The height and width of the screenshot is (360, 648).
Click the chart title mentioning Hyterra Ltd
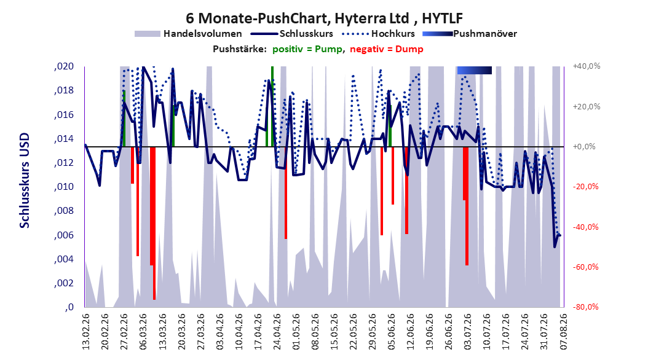click(324, 18)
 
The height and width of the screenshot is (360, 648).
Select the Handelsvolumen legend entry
click(188, 34)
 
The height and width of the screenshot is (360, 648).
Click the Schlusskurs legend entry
click(292, 34)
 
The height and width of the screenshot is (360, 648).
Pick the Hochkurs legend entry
click(377, 34)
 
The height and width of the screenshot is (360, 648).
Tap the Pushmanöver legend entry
click(470, 34)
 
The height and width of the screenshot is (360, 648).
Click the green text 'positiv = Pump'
click(307, 49)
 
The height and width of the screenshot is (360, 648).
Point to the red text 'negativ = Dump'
click(387, 49)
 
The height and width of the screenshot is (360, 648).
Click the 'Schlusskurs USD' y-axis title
click(25, 181)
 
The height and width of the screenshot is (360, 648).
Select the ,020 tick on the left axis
click(64, 66)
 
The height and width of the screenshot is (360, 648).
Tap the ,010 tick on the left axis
click(64, 187)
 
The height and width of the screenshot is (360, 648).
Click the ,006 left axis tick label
click(64, 235)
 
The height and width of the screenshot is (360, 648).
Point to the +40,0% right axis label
click(587, 66)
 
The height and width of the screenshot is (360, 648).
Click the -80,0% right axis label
click(585, 307)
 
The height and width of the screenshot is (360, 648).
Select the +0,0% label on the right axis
click(584, 147)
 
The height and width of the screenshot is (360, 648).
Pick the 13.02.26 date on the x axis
click(86, 332)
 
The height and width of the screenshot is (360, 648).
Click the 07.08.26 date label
click(563, 332)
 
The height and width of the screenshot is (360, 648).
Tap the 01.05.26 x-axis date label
click(296, 332)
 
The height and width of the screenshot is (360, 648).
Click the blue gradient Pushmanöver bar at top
click(475, 70)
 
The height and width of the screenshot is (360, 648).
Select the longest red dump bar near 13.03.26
click(154, 223)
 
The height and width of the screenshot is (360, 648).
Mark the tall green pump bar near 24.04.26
click(272, 106)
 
